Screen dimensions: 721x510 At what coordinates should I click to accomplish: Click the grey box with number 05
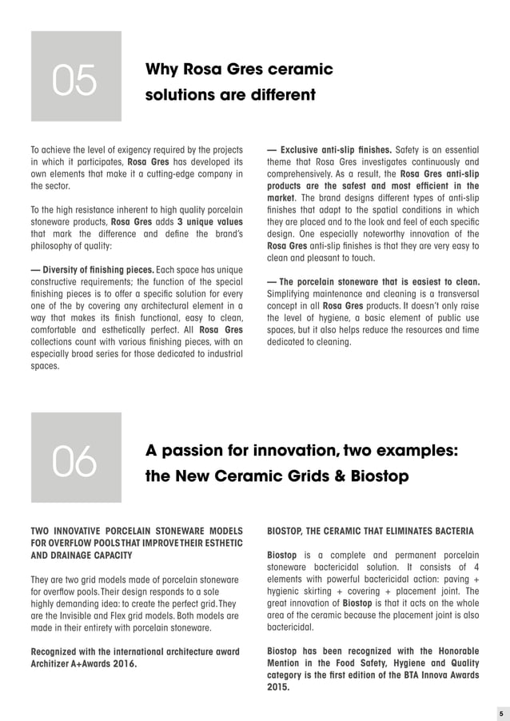76,77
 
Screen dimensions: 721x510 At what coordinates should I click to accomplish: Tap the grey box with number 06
76,457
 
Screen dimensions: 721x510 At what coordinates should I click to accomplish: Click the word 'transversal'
450,293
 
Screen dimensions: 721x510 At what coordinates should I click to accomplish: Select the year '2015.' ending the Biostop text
278,687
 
